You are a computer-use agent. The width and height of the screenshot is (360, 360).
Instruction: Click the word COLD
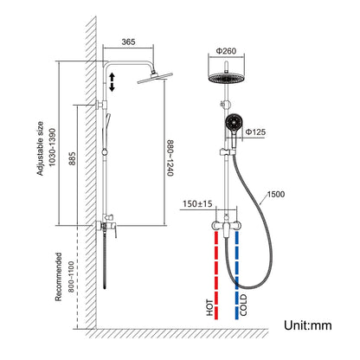click(x=243, y=307)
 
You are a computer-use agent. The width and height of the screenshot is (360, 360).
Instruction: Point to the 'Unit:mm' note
click(x=307, y=325)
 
